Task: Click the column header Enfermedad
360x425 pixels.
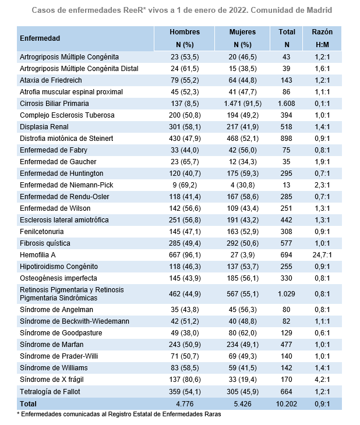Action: pyautogui.click(x=40, y=38)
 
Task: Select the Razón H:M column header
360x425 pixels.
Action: pyautogui.click(x=322, y=38)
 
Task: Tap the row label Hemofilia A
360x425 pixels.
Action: pyautogui.click(x=38, y=255)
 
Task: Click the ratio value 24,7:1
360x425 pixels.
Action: pyautogui.click(x=322, y=255)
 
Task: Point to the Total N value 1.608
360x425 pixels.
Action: pyautogui.click(x=287, y=103)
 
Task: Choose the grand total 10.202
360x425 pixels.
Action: pyautogui.click(x=287, y=403)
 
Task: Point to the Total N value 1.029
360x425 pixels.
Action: pyautogui.click(x=287, y=293)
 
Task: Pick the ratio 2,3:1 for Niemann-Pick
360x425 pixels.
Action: pyautogui.click(x=322, y=185)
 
